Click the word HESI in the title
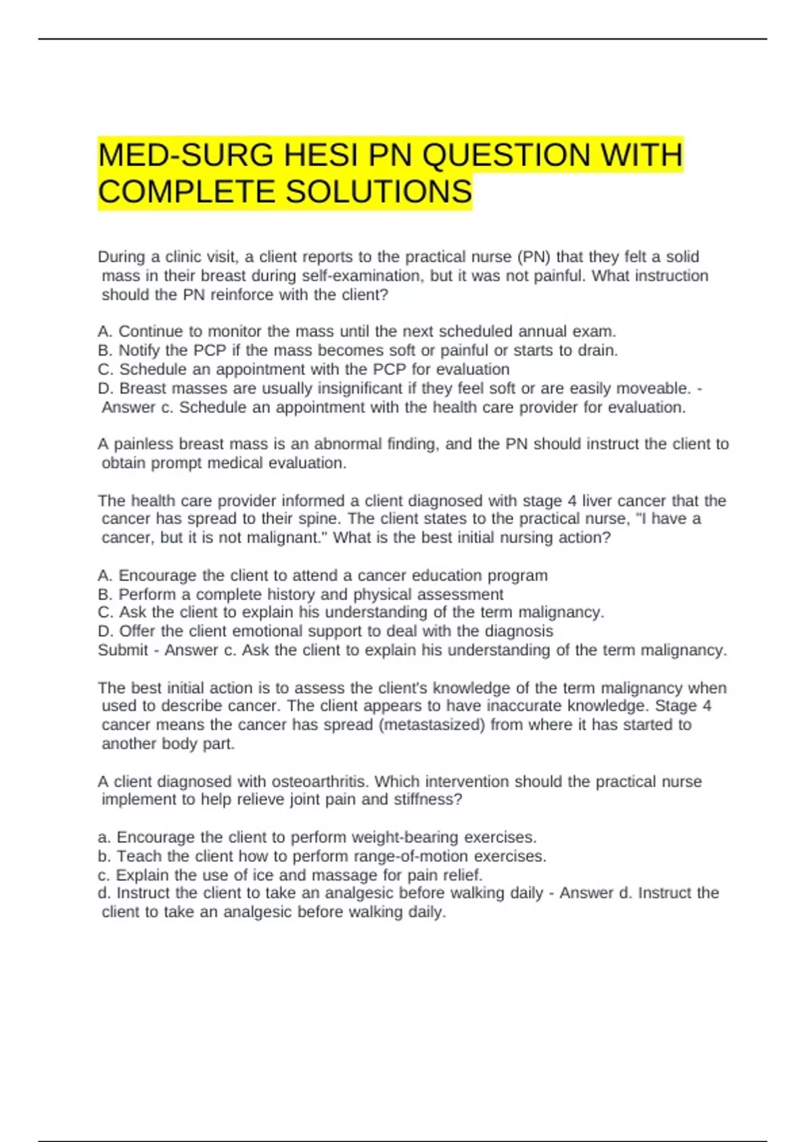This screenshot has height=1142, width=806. click(x=320, y=156)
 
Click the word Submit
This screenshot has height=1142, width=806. click(x=122, y=650)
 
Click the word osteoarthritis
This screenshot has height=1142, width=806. click(x=321, y=781)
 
